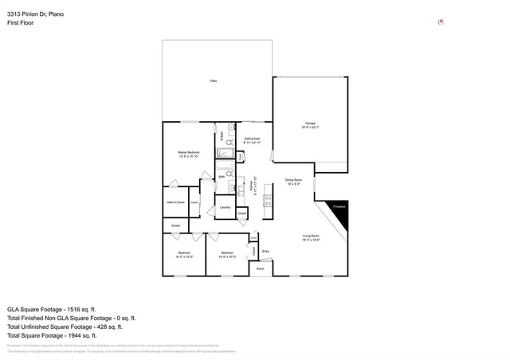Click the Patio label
[214, 81]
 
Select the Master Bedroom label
[188, 153]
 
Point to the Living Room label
[311, 237]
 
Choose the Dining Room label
[293, 182]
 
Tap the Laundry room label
[224, 208]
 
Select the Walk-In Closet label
[175, 203]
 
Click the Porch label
[260, 269]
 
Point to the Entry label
[265, 252]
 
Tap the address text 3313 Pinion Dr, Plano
[36, 14]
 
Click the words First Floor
[21, 23]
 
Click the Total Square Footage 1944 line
[51, 335]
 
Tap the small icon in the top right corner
[441, 22]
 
